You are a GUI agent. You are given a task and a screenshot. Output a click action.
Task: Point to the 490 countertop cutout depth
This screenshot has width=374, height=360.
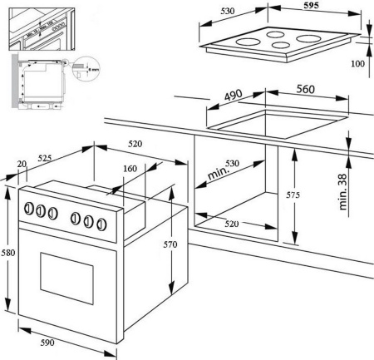234,96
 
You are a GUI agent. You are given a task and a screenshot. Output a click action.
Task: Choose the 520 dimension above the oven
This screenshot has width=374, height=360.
135,144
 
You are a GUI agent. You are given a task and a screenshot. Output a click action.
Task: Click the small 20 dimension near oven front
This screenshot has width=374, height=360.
22,165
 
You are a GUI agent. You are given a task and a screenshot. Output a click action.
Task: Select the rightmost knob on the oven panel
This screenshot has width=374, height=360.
104,223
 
